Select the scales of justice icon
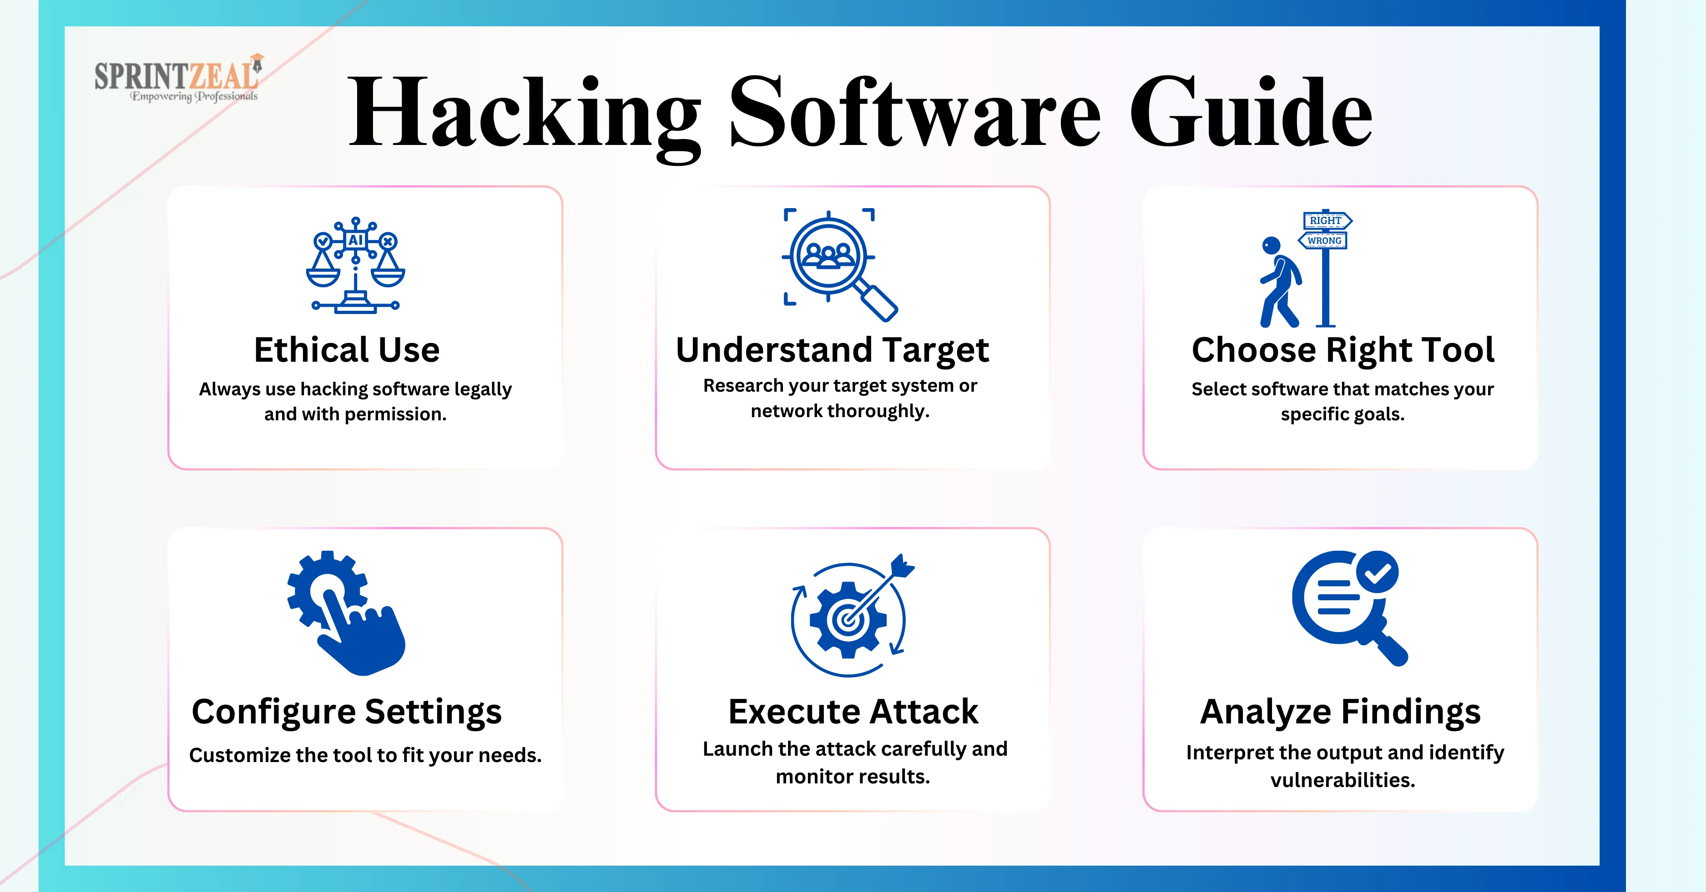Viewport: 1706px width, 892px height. click(x=356, y=264)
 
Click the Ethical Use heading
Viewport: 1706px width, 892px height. click(x=347, y=349)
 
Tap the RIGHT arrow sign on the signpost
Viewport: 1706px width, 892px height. click(x=1327, y=220)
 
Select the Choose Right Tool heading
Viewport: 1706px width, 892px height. click(x=1343, y=349)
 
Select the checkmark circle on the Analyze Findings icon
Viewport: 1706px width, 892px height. click(x=1378, y=572)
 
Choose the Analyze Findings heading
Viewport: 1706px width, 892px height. click(x=1340, y=713)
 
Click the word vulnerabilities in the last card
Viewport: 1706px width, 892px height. click(x=1343, y=780)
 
